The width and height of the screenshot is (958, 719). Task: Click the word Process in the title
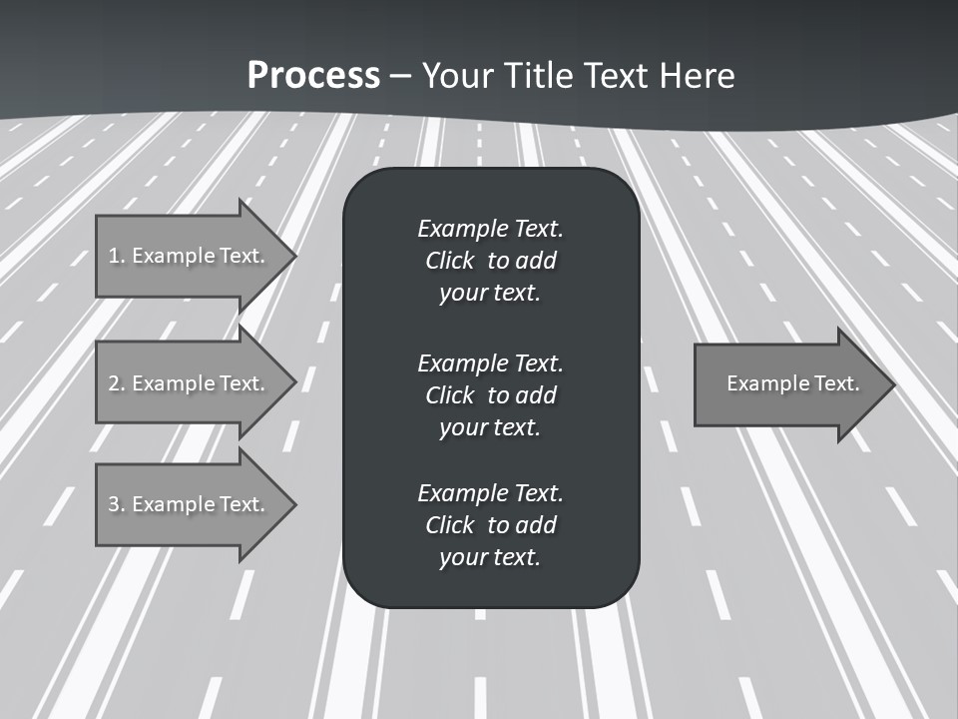(x=313, y=76)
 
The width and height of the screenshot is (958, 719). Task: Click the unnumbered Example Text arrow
(x=788, y=383)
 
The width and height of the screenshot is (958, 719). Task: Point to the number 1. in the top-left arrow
(x=117, y=256)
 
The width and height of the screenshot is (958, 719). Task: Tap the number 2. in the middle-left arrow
(x=117, y=383)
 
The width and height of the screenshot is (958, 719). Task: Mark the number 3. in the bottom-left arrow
(x=117, y=504)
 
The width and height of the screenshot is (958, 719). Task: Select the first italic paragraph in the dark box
(x=490, y=261)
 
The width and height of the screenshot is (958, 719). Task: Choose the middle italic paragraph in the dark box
(x=490, y=394)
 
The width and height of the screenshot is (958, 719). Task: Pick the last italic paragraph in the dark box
(x=490, y=525)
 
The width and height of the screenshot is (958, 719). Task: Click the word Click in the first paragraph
(x=450, y=261)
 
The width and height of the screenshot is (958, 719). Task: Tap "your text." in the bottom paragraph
(x=490, y=557)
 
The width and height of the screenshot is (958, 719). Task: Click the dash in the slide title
(x=401, y=76)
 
